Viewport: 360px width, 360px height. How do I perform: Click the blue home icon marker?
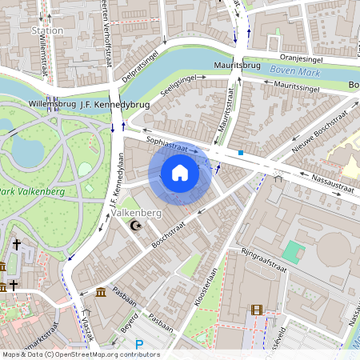180,172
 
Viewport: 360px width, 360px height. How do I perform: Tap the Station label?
46,30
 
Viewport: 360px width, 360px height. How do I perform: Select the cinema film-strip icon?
255,310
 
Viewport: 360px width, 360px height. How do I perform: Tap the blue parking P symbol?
139,345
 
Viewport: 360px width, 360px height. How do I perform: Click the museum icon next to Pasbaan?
99,292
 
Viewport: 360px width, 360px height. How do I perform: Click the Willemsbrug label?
52,104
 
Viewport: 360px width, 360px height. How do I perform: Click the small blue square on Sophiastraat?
240,152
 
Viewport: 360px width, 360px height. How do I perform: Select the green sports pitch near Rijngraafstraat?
294,251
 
